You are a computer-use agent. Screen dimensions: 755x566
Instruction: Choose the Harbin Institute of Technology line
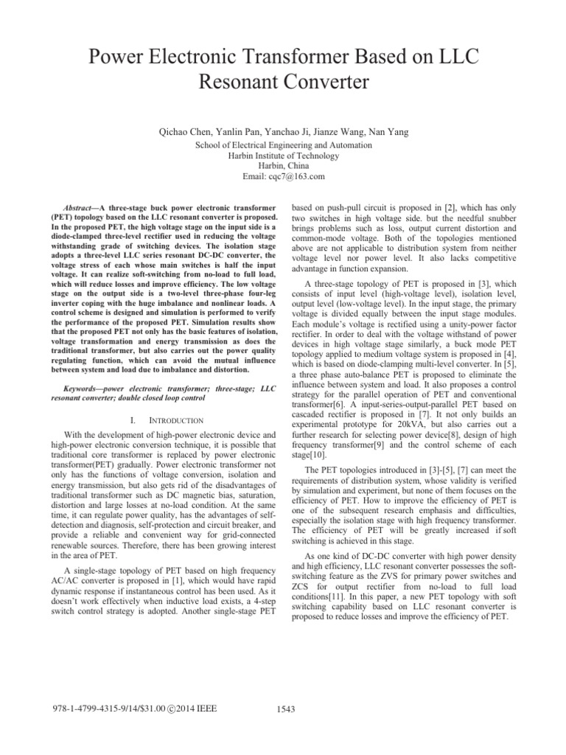[282, 156]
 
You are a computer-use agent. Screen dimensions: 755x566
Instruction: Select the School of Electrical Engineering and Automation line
[282, 145]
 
